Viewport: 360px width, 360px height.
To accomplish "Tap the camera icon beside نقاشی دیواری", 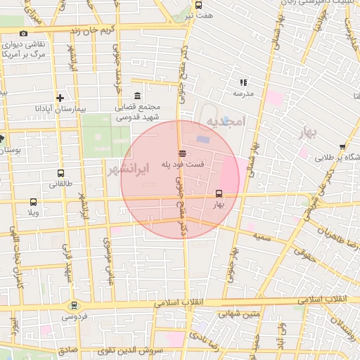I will pyautogui.click(x=24, y=34).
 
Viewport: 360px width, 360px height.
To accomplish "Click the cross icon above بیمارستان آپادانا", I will pyautogui.click(x=60, y=98).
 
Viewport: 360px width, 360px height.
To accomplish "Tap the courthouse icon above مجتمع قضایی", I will pyautogui.click(x=136, y=96).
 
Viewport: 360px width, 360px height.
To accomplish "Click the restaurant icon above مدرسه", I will pyautogui.click(x=243, y=82).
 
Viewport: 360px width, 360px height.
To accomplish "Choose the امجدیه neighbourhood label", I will pyautogui.click(x=224, y=122).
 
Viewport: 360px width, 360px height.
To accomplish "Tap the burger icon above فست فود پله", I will pyautogui.click(x=183, y=153).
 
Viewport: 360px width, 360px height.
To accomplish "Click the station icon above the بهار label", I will pyautogui.click(x=219, y=193).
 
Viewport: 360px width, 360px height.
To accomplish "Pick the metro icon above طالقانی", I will pyautogui.click(x=60, y=173).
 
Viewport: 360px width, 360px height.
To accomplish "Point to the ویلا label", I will pyautogui.click(x=32, y=212).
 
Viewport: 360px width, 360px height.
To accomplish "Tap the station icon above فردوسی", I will pyautogui.click(x=74, y=306).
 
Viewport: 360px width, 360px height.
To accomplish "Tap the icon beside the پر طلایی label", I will pyautogui.click(x=342, y=148).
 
